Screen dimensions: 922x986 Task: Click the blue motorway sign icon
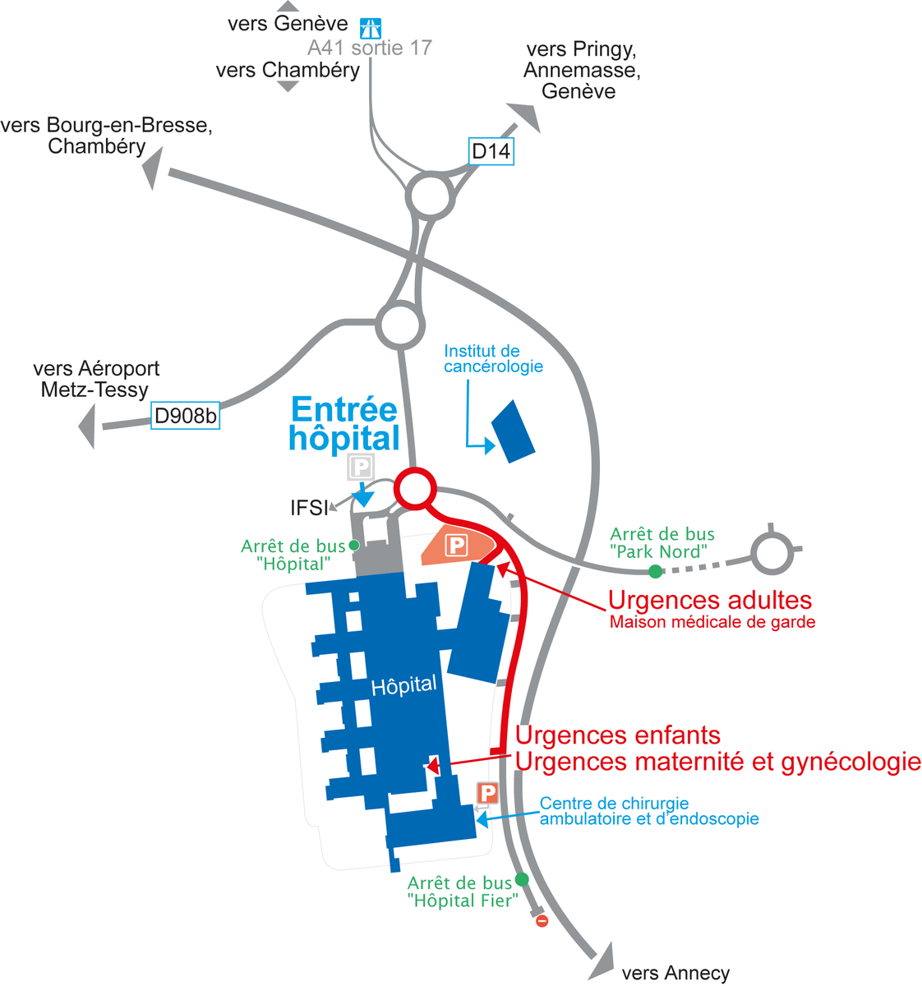(x=371, y=28)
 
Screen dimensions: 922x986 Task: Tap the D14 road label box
(x=491, y=151)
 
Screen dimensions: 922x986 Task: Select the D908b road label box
(x=185, y=415)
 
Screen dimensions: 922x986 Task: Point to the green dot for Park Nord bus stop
(x=655, y=571)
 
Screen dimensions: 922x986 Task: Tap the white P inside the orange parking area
(x=456, y=545)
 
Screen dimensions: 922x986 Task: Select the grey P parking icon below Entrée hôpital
(x=361, y=467)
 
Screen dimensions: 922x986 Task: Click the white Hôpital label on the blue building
(x=403, y=686)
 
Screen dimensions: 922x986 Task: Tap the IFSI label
(x=309, y=508)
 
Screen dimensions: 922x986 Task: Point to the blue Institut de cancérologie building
(x=513, y=431)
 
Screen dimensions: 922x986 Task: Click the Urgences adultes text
(x=710, y=600)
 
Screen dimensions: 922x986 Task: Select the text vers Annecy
(x=675, y=973)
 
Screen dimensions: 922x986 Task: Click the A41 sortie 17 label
(x=370, y=48)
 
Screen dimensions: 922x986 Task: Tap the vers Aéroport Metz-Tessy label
(x=96, y=379)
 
